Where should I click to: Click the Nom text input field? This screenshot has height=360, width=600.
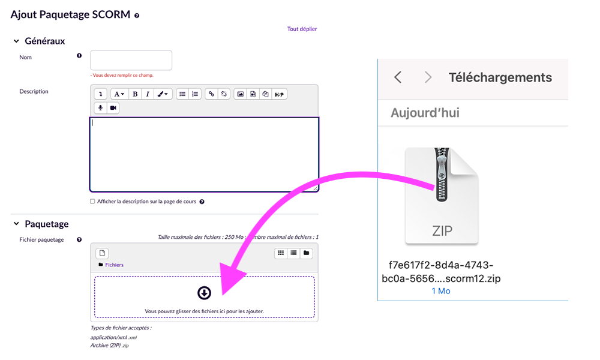coord(131,60)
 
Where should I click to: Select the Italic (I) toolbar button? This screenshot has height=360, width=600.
coord(148,94)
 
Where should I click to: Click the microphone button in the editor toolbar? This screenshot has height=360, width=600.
coord(101,108)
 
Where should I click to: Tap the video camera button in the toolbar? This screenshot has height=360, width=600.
coord(113,108)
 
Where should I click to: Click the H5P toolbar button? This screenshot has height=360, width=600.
coord(280,94)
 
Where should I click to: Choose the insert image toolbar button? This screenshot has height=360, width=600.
coord(241,94)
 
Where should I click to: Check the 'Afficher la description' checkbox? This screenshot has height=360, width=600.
coord(92,202)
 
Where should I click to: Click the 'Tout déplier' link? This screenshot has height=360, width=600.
coord(302,29)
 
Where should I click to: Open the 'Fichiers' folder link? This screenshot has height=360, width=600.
coord(114,265)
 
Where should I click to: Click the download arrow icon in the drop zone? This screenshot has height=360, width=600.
coord(205,293)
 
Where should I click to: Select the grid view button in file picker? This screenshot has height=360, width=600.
coord(281,253)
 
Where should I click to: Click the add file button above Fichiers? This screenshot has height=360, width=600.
coord(102,253)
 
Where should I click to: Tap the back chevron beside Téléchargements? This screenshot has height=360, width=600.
coord(398,77)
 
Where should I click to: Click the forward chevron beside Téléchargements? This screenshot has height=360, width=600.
coord(428,77)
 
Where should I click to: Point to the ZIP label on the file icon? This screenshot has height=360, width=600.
coord(442,230)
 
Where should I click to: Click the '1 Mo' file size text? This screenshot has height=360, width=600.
coord(441,291)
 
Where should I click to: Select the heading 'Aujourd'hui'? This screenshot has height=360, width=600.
coord(425,113)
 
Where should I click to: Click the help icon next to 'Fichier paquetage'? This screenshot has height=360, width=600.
coord(79,240)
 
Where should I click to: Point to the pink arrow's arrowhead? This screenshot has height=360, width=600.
coord(231,278)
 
